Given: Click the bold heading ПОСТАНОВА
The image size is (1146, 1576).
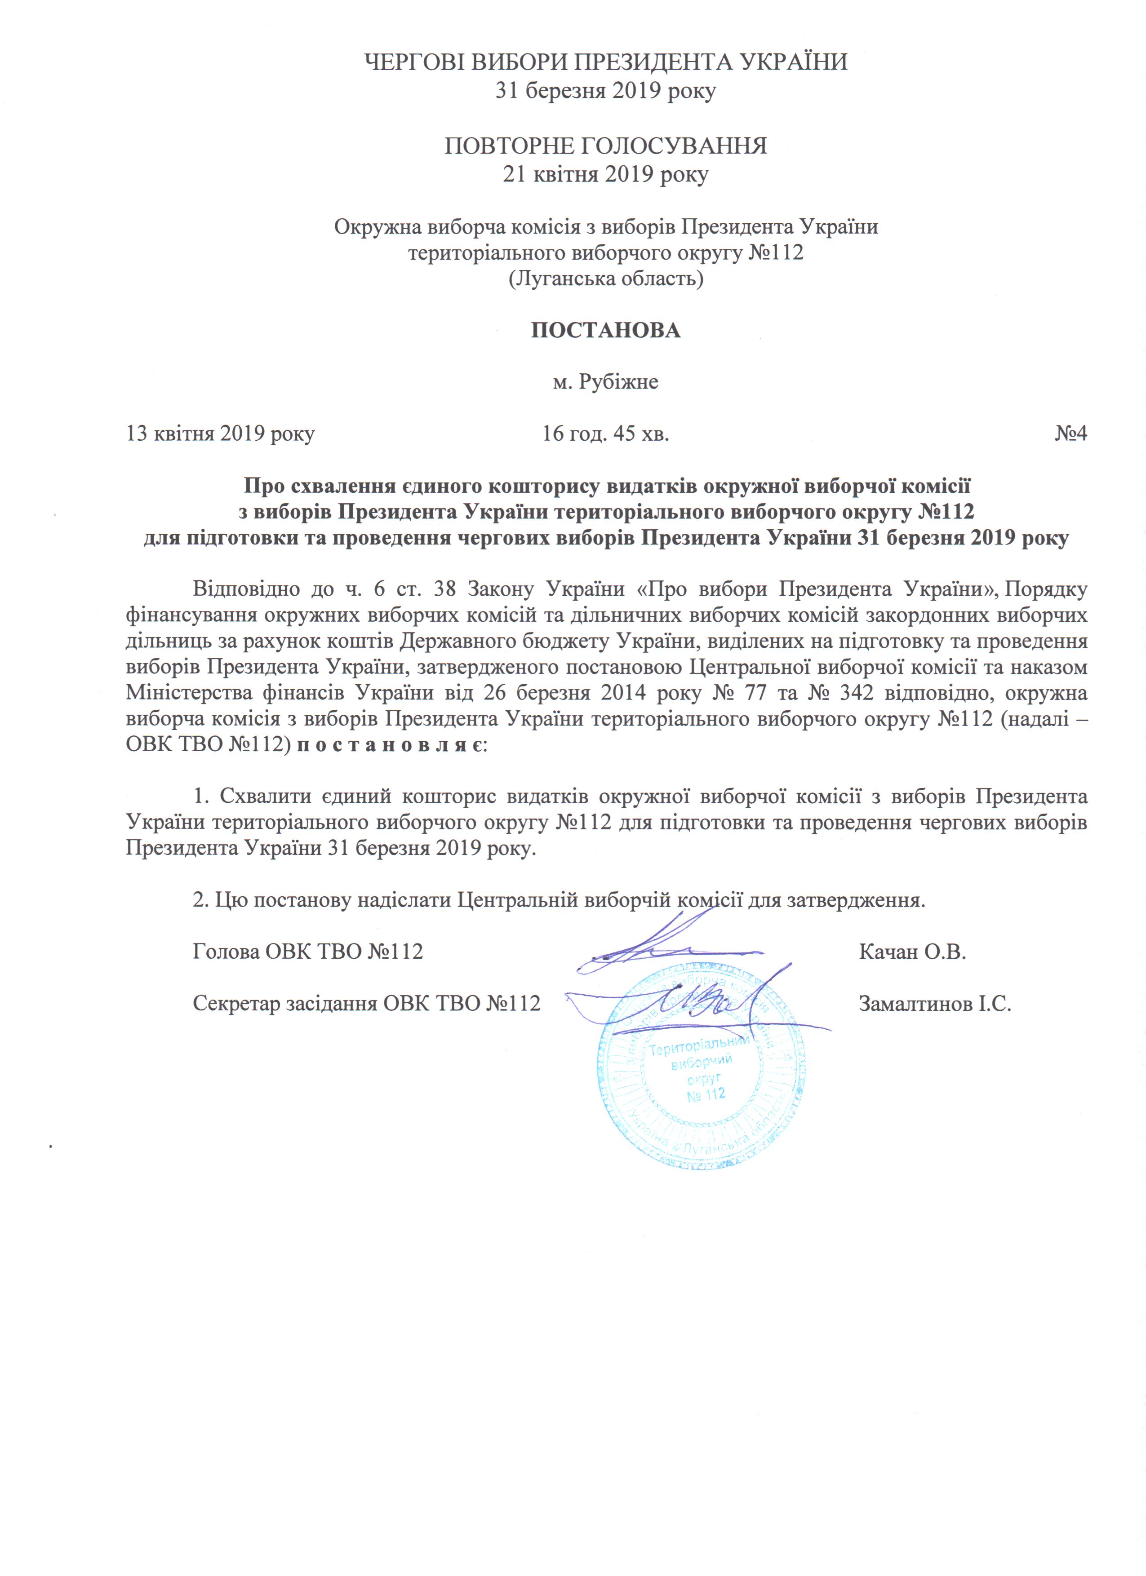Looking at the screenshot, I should tap(605, 330).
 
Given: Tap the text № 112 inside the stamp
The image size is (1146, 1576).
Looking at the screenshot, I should tap(706, 1094).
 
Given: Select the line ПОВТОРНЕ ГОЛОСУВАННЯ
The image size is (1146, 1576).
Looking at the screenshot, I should tap(605, 146).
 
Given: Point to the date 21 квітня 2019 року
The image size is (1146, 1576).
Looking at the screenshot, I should tap(605, 174).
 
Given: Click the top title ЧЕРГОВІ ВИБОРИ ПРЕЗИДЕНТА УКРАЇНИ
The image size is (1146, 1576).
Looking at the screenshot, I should tap(605, 62).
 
